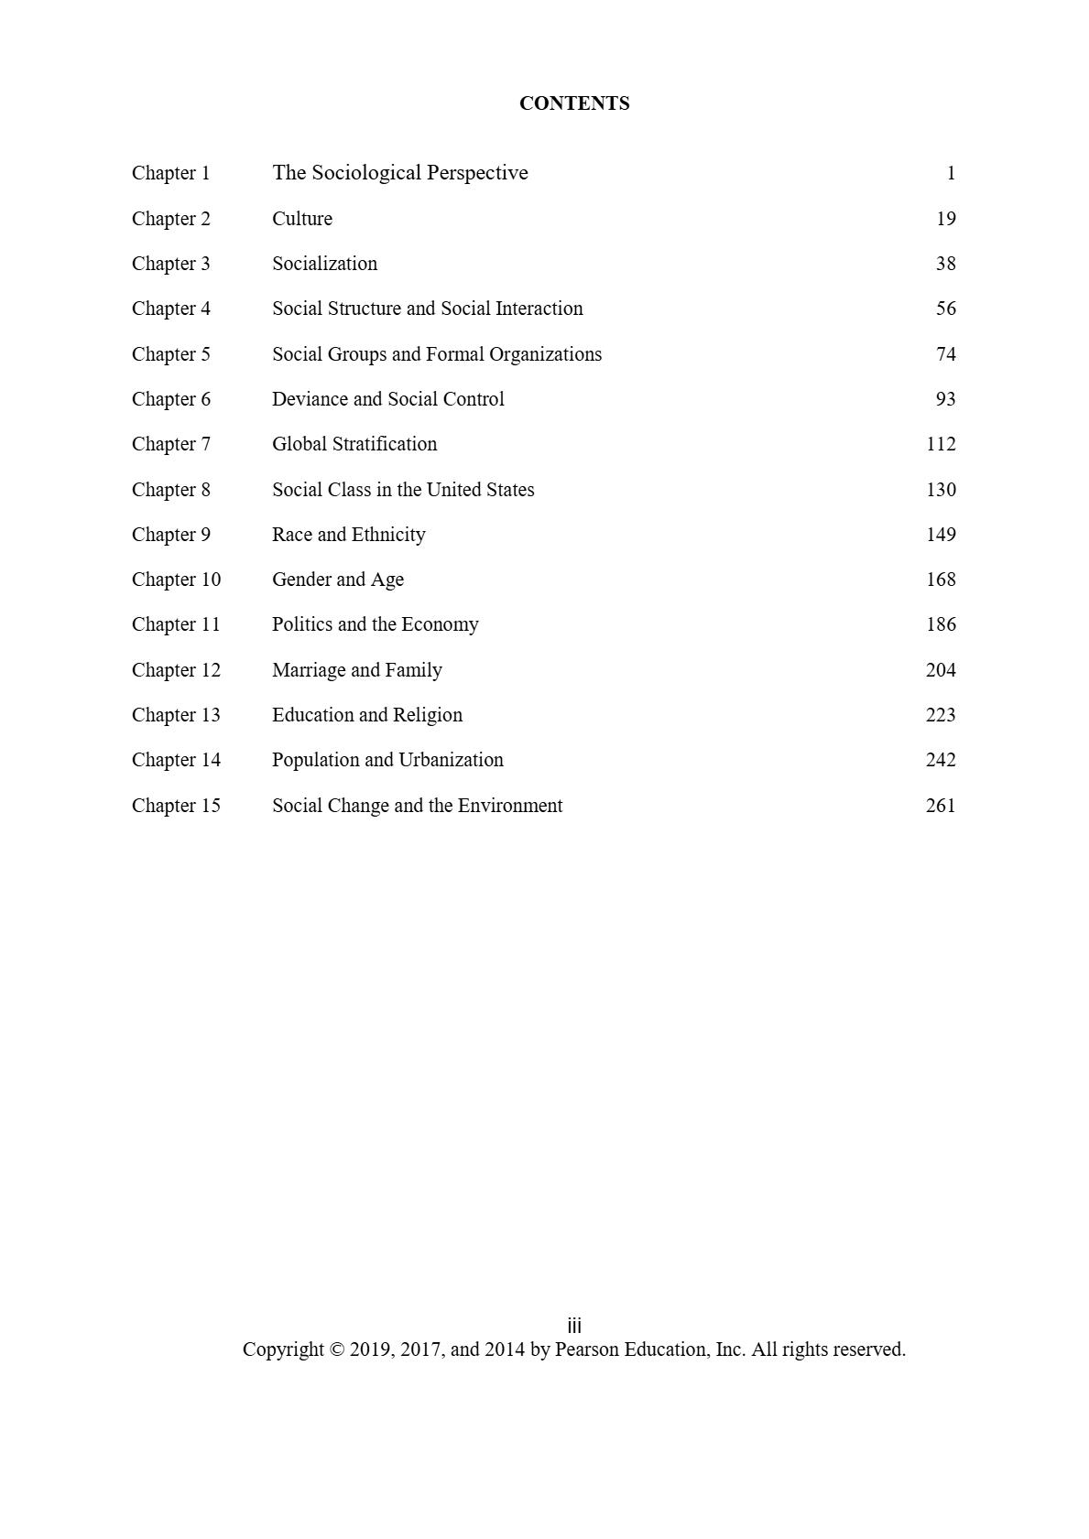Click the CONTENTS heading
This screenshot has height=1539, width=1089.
573,103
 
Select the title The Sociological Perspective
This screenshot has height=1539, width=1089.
399,173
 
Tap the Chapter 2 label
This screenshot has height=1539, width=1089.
170,219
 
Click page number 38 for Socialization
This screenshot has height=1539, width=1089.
945,264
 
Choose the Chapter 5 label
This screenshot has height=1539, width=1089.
170,354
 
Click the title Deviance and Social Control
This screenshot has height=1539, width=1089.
387,399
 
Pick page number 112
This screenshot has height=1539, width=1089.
941,444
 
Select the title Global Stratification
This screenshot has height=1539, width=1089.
354,444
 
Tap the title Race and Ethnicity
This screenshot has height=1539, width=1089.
348,535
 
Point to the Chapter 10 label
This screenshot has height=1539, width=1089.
176,580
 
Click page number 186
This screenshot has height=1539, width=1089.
941,624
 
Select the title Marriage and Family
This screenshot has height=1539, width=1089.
356,670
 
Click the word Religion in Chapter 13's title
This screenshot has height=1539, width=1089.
428,715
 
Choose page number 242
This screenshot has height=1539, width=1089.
941,760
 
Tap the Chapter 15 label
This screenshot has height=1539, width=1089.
176,806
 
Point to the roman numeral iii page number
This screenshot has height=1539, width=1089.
574,1326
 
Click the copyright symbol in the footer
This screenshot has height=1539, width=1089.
336,1349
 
